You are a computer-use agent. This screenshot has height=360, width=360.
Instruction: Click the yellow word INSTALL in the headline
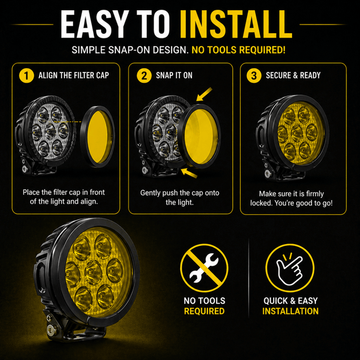click(236, 25)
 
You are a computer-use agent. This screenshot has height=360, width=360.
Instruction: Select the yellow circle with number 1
click(26, 75)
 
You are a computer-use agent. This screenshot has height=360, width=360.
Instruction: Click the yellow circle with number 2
click(144, 75)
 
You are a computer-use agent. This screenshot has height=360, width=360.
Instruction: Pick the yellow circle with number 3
click(254, 75)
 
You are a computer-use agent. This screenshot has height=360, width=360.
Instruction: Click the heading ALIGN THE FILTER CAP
click(74, 75)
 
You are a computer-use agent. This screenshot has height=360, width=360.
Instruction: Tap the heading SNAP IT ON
click(174, 75)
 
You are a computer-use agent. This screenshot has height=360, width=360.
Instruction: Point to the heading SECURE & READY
click(293, 75)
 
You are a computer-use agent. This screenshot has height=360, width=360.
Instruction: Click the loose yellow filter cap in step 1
click(98, 137)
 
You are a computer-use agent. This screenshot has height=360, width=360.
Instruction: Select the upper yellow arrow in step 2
click(204, 94)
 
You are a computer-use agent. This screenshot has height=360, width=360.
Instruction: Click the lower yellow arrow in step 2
click(189, 173)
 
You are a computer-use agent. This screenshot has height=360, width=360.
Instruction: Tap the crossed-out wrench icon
click(204, 268)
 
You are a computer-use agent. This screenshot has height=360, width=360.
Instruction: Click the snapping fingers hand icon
click(290, 268)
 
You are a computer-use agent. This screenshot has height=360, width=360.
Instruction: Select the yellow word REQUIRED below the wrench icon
click(205, 311)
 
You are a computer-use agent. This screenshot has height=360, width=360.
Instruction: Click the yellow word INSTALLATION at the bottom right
click(290, 311)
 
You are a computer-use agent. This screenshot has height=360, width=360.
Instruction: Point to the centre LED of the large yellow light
click(94, 272)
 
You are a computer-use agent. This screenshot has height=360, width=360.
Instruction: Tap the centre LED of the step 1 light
click(50, 132)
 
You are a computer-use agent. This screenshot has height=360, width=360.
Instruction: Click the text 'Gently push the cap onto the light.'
click(180, 198)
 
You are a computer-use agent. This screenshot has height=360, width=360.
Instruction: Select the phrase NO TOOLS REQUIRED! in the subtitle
click(238, 50)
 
